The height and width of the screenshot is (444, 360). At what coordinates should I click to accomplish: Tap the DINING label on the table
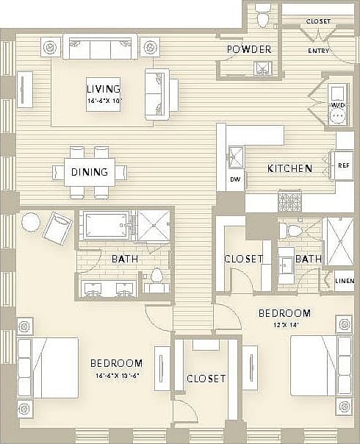tap(90, 173)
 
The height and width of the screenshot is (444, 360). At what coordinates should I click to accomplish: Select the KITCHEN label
tap(289, 168)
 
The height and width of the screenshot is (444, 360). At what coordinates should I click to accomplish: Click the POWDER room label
tap(249, 49)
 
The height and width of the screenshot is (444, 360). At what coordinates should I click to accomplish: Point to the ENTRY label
tap(318, 50)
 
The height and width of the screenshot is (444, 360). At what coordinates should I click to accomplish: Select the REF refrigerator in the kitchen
tap(344, 165)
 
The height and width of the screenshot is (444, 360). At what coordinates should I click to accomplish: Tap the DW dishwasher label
tap(235, 179)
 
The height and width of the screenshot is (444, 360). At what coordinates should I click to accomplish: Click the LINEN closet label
tap(344, 279)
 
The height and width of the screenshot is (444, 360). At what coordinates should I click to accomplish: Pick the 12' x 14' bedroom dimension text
tap(284, 323)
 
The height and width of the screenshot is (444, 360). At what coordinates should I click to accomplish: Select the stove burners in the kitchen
tap(289, 201)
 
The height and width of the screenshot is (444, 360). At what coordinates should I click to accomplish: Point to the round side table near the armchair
tap(31, 221)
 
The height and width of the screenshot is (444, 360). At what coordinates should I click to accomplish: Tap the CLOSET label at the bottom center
tap(206, 379)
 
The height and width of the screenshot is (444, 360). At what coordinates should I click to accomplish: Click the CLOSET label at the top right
tap(318, 22)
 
